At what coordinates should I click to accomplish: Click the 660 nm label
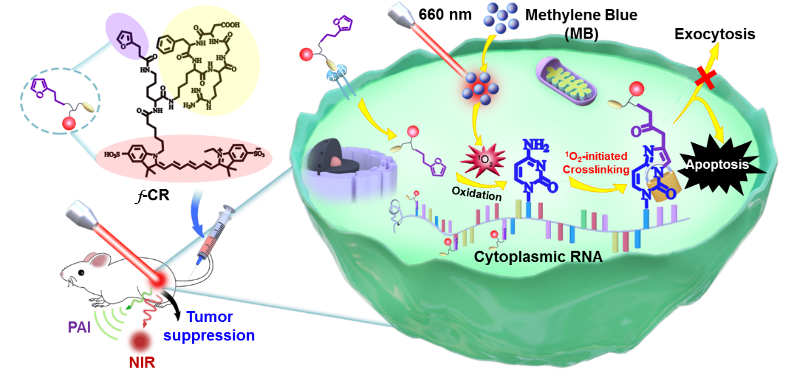coord(445,14)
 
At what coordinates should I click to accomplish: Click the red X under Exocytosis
coord(704,79)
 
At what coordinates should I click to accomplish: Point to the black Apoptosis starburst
coord(716,164)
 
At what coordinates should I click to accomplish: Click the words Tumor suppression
coord(209,326)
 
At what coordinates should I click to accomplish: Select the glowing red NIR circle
coord(138,341)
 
